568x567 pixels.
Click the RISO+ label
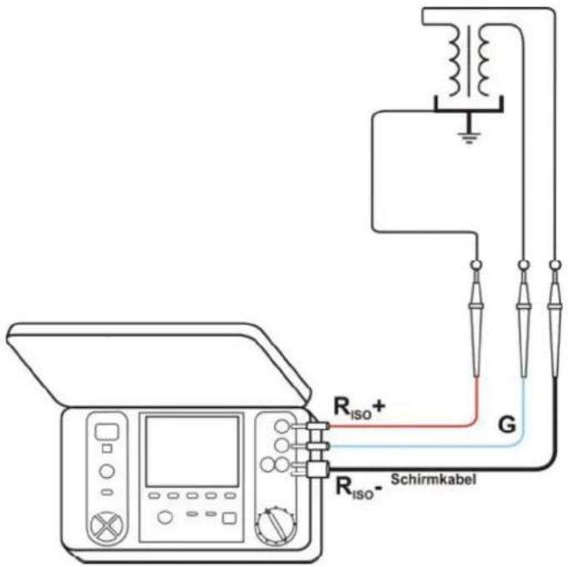pos(359,408)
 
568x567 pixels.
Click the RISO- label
pos(359,488)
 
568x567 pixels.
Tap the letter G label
pos(506,425)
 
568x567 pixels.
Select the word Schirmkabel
pos(433,480)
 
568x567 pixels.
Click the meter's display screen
pos(192,451)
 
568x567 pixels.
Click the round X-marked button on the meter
pos(107,527)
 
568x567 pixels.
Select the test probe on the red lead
pos(476,319)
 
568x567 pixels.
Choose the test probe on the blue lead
pos(523,319)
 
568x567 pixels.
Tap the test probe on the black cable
pos(555,319)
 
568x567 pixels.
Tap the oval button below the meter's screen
pos(165,517)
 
